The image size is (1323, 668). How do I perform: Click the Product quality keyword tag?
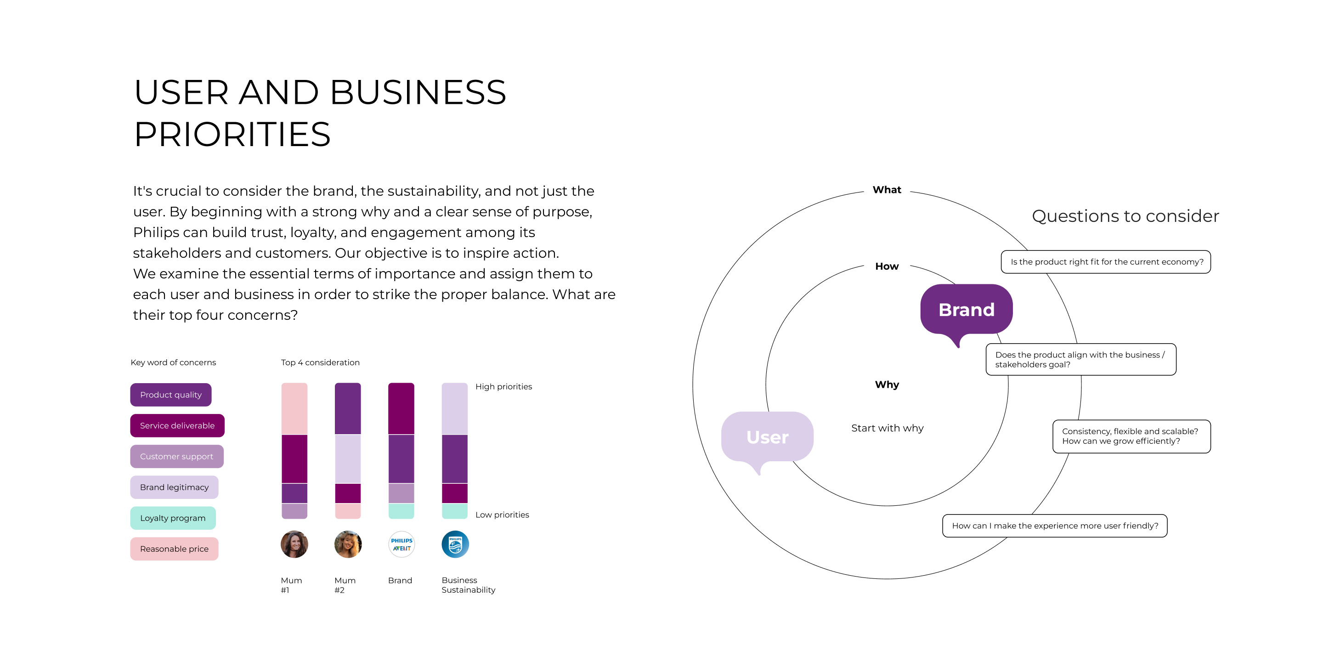170,394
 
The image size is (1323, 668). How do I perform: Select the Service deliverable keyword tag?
177,425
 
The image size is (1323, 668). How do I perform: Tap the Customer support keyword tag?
177,456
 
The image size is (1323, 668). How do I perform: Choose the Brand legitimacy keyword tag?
174,487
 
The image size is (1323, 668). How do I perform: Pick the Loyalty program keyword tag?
173,518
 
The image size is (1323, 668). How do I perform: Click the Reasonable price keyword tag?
174,549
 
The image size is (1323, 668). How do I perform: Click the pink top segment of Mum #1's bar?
294,408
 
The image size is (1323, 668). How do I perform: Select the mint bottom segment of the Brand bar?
401,511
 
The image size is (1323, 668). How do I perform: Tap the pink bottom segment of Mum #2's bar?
348,511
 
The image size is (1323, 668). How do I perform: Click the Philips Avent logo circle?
401,544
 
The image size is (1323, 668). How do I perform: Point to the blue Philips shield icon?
455,544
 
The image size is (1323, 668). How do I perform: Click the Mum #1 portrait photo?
294,544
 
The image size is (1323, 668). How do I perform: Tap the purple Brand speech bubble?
966,310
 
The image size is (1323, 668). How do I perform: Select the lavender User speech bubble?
767,437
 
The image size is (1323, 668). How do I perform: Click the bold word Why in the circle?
887,385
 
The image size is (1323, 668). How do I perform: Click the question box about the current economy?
1106,262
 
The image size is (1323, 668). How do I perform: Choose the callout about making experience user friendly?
1054,526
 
